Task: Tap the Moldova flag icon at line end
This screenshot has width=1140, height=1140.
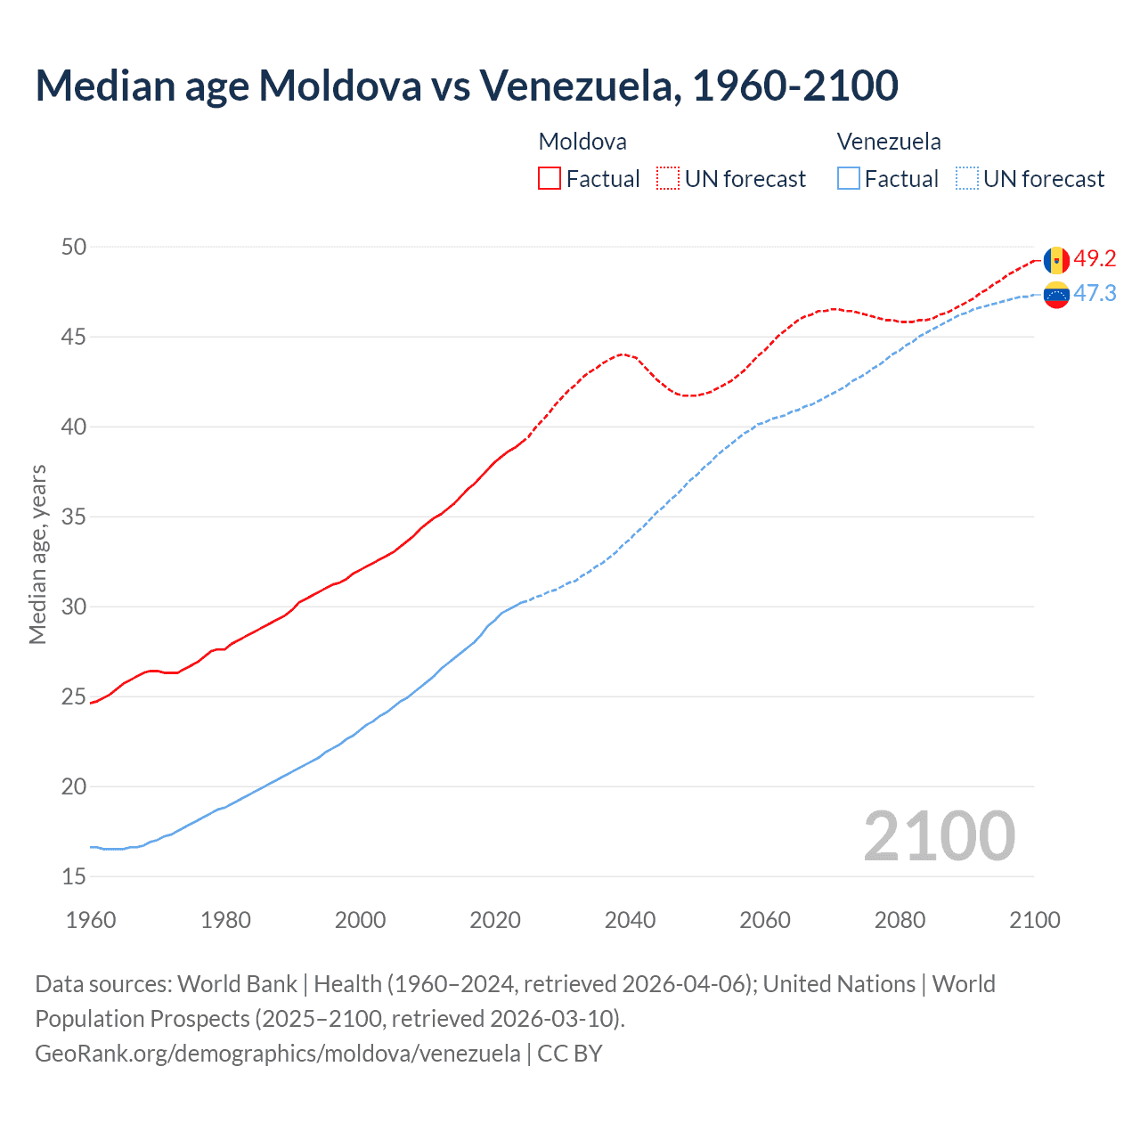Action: pyautogui.click(x=1056, y=260)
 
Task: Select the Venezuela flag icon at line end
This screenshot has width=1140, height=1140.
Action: pyautogui.click(x=1056, y=294)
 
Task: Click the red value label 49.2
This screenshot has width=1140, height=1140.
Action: pyautogui.click(x=1095, y=259)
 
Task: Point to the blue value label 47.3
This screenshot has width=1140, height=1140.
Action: pyautogui.click(x=1095, y=294)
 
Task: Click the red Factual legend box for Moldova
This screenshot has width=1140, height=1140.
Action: pyautogui.click(x=550, y=179)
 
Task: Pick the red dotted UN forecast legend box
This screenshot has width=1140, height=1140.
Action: pyautogui.click(x=668, y=179)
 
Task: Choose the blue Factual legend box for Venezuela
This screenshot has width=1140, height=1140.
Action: pyautogui.click(x=849, y=179)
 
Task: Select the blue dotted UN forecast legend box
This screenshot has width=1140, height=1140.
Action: pyautogui.click(x=966, y=179)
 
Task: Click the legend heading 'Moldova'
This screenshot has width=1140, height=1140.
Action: pyautogui.click(x=582, y=142)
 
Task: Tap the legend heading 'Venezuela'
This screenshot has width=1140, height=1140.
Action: pyautogui.click(x=889, y=142)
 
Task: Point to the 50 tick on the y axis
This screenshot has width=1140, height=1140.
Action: pyautogui.click(x=74, y=247)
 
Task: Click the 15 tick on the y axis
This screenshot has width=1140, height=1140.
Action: pyautogui.click(x=74, y=877)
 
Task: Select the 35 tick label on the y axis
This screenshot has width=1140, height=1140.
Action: pyautogui.click(x=74, y=517)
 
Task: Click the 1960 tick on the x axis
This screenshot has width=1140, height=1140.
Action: pyautogui.click(x=91, y=920)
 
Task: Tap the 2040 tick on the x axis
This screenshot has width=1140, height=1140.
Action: pyautogui.click(x=630, y=920)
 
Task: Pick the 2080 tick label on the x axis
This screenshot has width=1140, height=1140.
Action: pyautogui.click(x=900, y=920)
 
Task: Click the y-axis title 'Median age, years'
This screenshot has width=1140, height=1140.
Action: pyautogui.click(x=37, y=554)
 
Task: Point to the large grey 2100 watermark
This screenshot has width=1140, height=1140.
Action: pyautogui.click(x=939, y=835)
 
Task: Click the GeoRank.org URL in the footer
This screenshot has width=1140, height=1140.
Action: pyautogui.click(x=277, y=1054)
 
